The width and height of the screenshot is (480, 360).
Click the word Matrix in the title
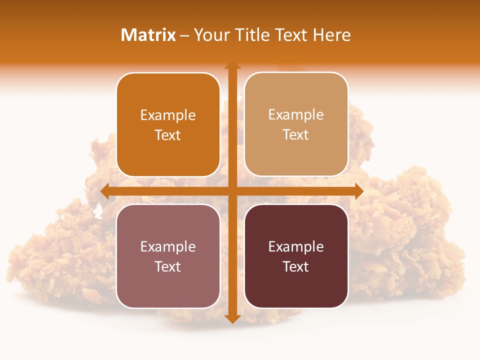tap(148, 35)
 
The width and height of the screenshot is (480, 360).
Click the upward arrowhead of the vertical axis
tap(232, 65)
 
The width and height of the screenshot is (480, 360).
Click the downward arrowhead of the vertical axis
tap(232, 318)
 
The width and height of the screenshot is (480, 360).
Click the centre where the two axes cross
tap(232, 191)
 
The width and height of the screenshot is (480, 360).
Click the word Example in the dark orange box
tap(168, 115)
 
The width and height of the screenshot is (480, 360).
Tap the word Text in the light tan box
tap(296, 135)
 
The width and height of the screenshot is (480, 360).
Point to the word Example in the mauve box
tap(168, 247)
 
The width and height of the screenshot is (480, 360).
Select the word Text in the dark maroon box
tap(296, 266)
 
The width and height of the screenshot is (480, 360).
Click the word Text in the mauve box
tap(168, 266)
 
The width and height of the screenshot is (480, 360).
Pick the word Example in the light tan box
tap(296, 115)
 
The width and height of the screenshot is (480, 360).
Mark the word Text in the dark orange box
tap(168, 135)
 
